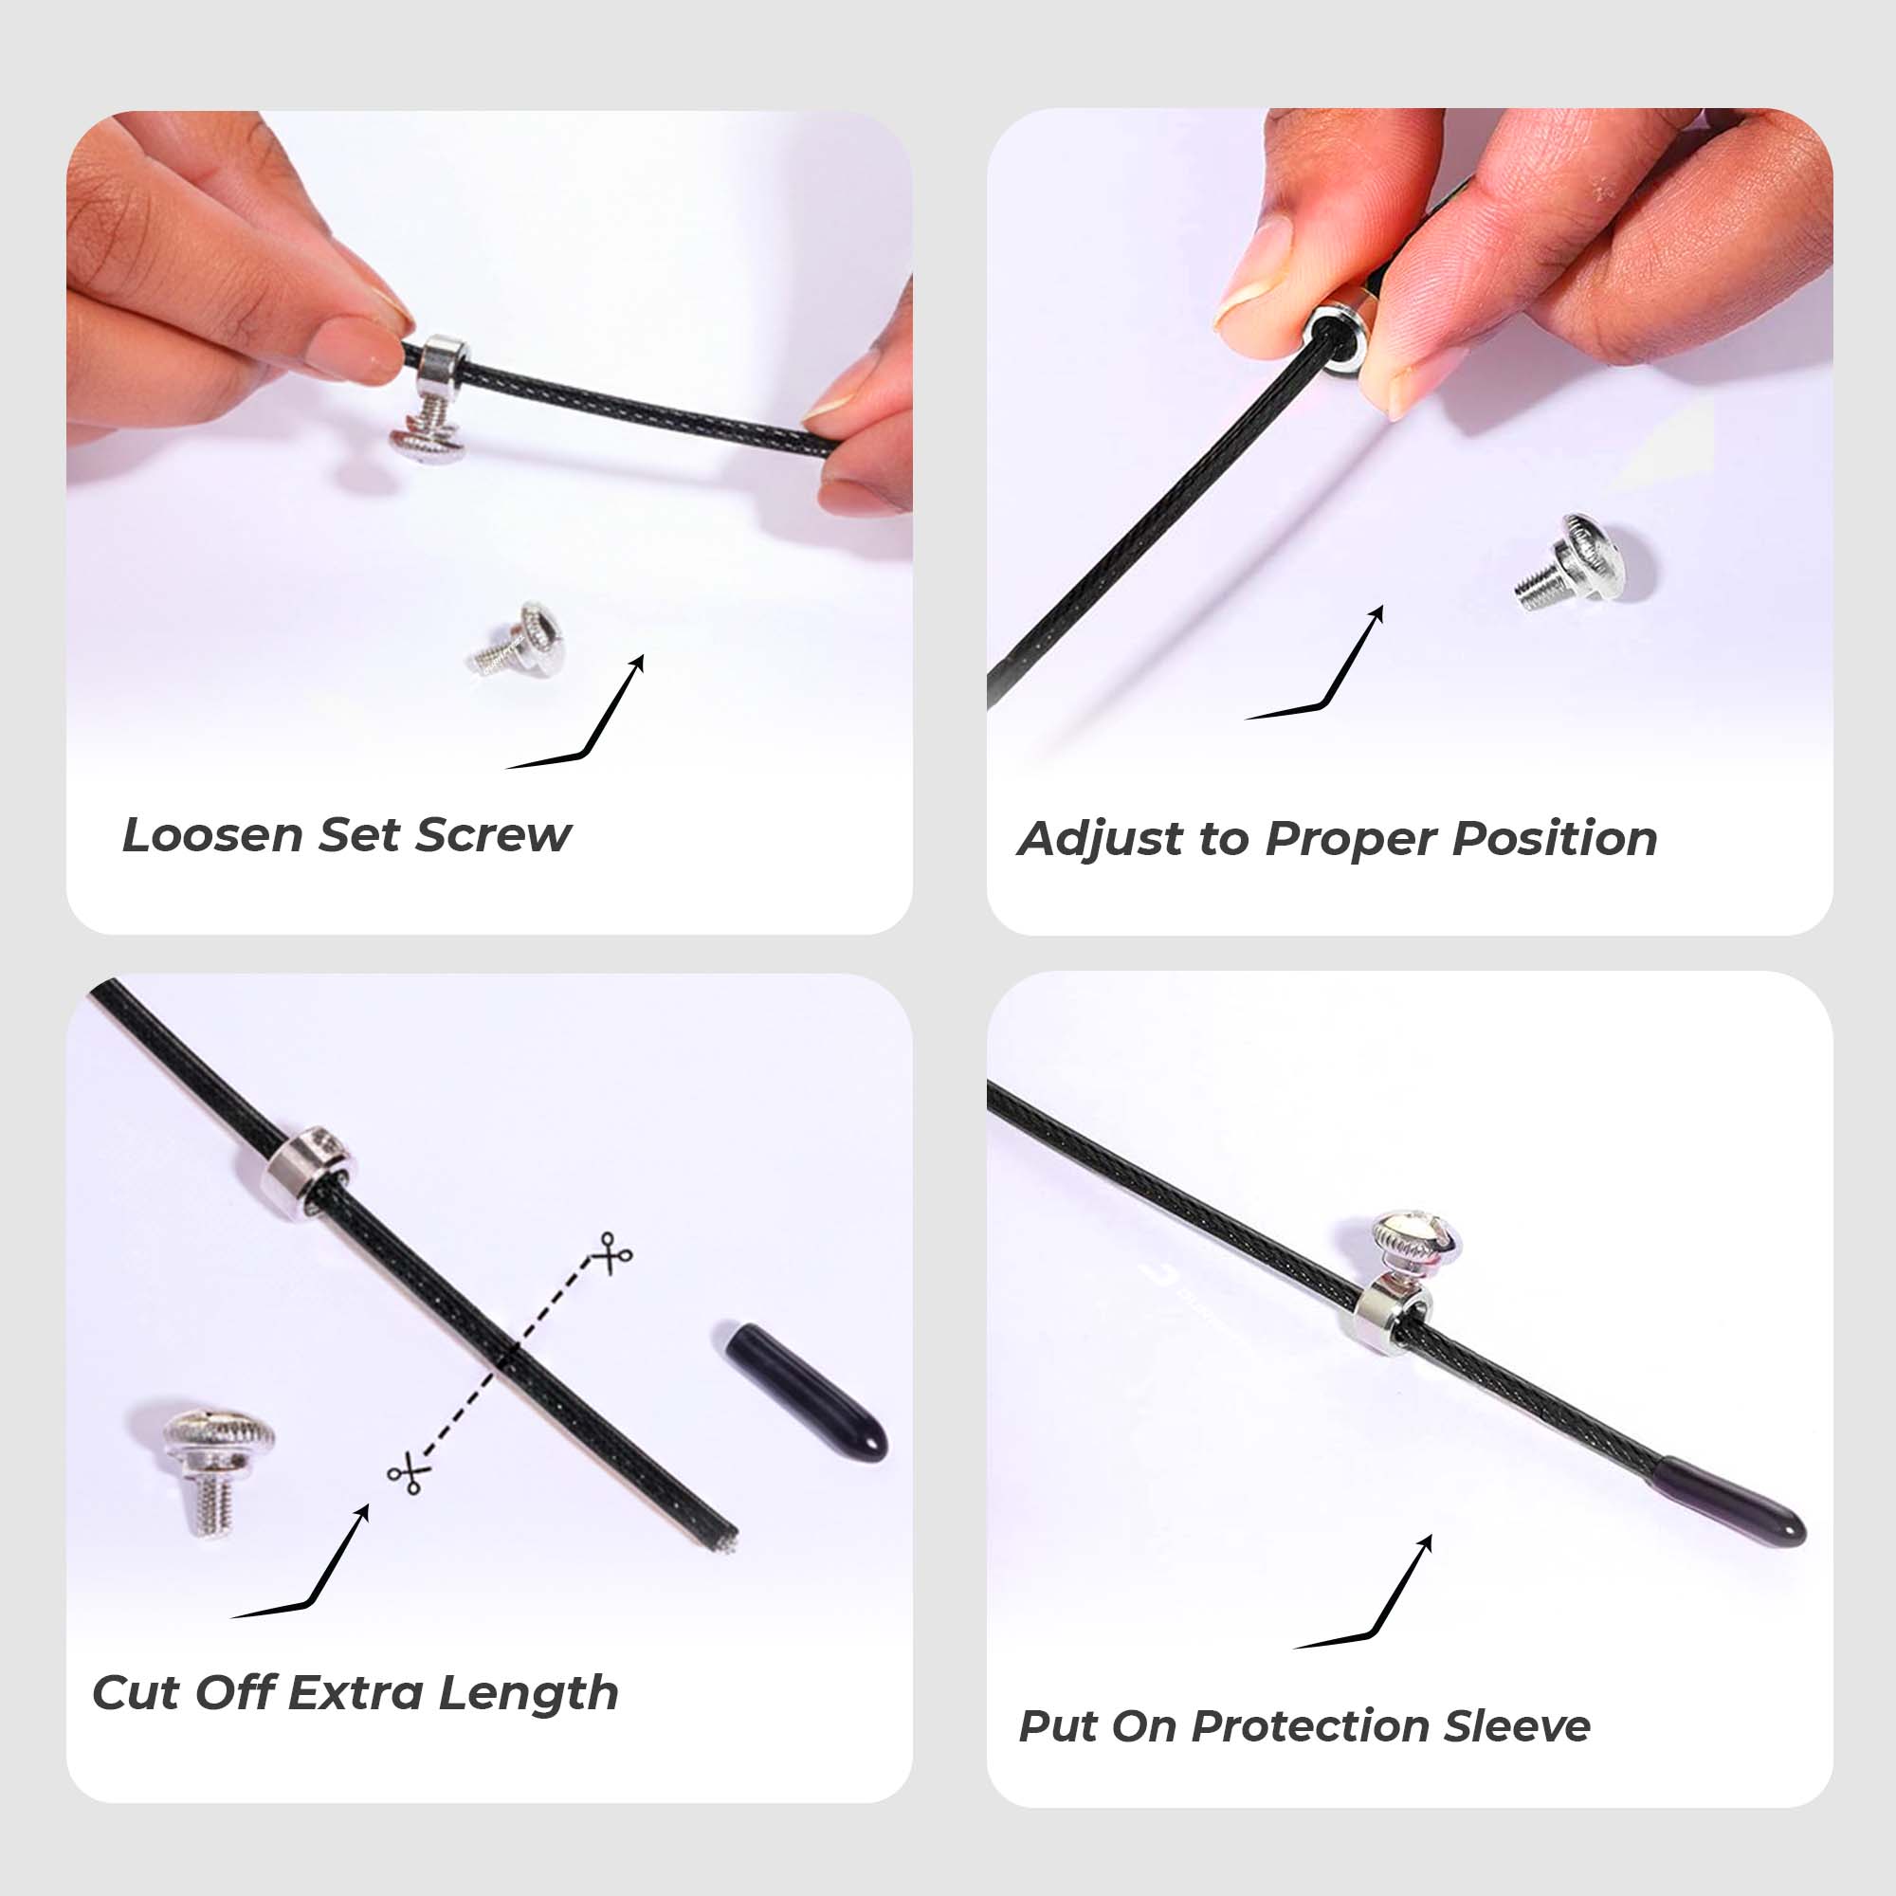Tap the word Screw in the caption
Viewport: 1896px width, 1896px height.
click(x=494, y=836)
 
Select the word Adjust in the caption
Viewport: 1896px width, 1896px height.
click(x=1100, y=840)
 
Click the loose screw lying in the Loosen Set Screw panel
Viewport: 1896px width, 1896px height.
click(x=514, y=640)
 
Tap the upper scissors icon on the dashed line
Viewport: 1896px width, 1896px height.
click(x=613, y=1253)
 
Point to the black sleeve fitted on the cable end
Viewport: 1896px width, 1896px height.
click(x=1728, y=1502)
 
